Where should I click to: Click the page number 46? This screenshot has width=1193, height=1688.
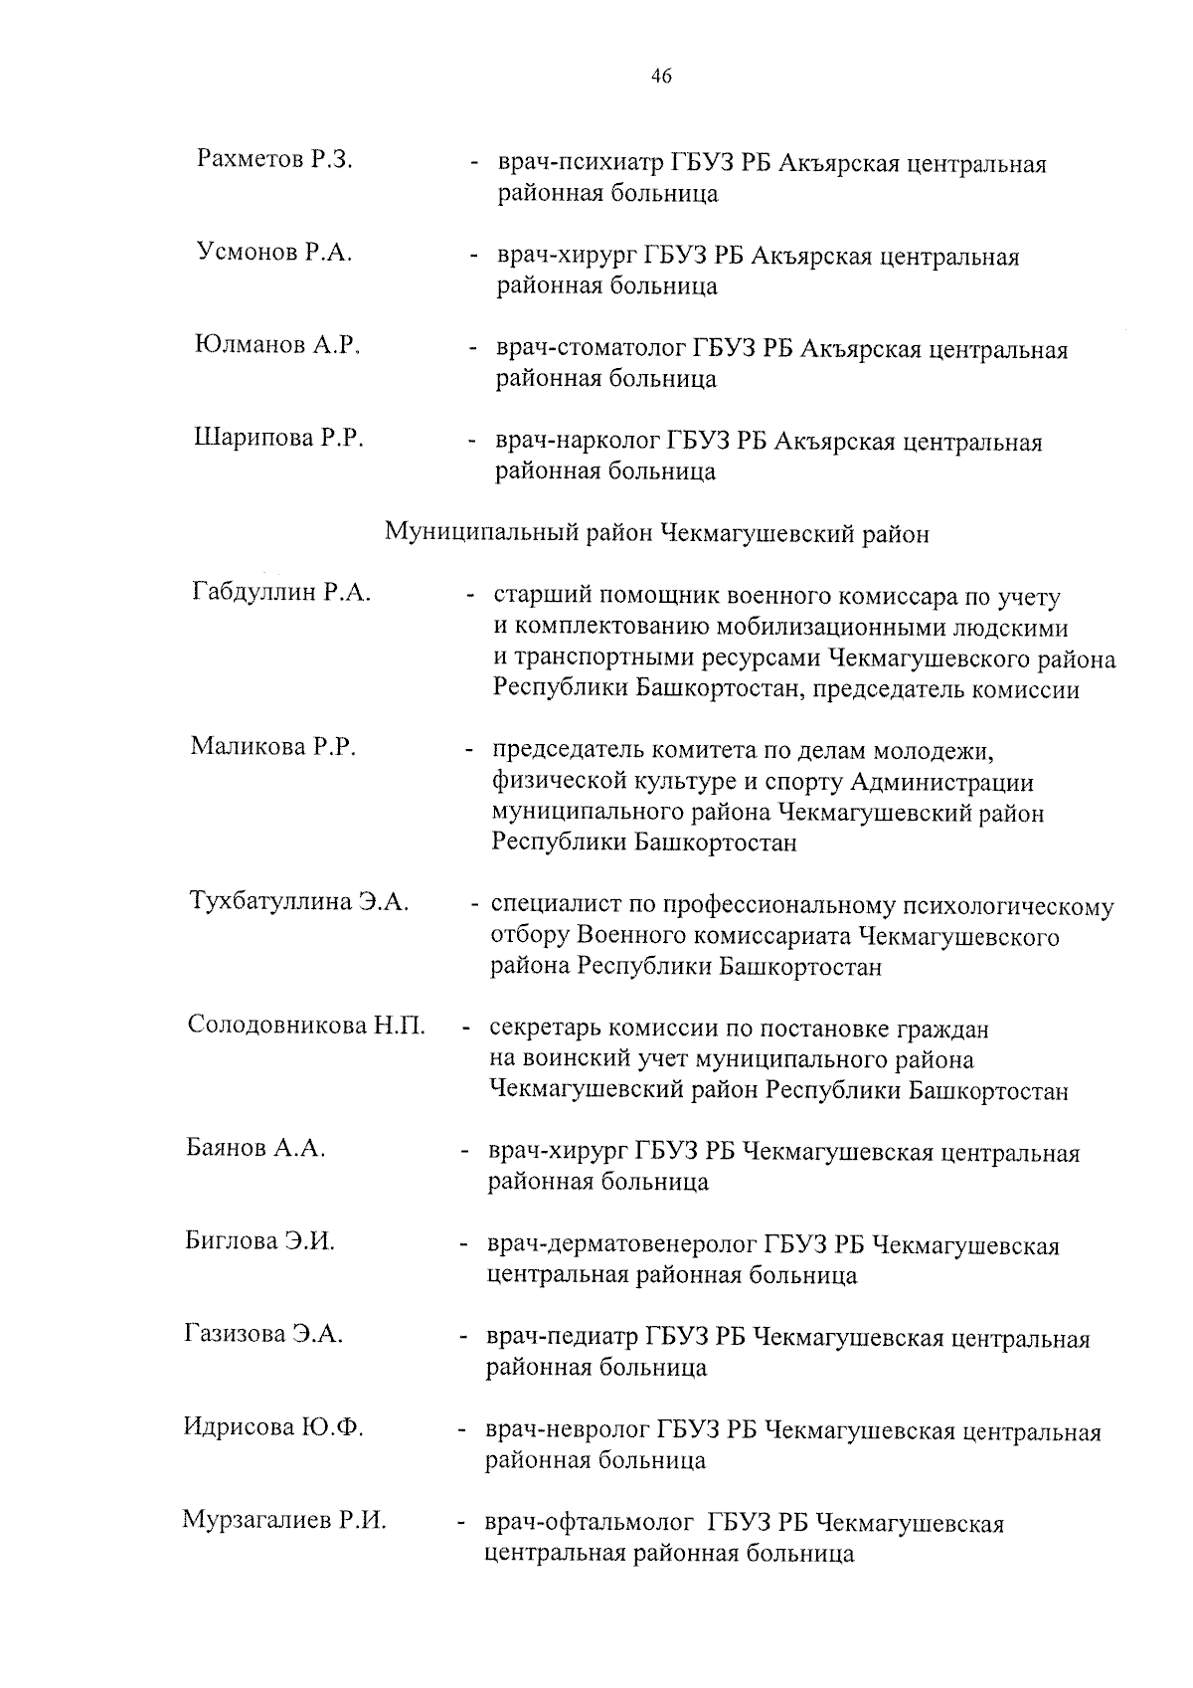coord(661,77)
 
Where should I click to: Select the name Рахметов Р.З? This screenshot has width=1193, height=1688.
coord(275,159)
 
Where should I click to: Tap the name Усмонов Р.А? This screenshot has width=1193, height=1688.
coord(274,253)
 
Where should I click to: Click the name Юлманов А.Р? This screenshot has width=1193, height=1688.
coord(276,345)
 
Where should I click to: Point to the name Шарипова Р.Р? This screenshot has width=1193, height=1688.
coord(278,438)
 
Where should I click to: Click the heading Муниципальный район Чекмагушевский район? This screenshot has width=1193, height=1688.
coord(657,534)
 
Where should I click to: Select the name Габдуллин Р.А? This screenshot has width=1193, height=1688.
coord(281,593)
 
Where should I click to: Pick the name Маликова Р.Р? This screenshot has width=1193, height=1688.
coord(273,746)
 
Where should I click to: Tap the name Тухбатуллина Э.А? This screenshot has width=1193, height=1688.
coord(299,902)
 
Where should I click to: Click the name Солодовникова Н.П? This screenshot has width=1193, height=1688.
coord(306,1026)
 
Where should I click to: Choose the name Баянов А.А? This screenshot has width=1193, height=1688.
coord(256,1149)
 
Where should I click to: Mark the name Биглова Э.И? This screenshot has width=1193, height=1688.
coord(260,1241)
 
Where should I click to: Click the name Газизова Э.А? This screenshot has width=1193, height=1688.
coord(263,1335)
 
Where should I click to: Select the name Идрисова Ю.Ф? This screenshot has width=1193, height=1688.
coord(273,1428)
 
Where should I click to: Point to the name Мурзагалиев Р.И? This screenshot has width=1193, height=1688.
coord(284,1521)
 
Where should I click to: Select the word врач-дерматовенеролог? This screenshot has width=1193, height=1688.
coord(622,1246)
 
